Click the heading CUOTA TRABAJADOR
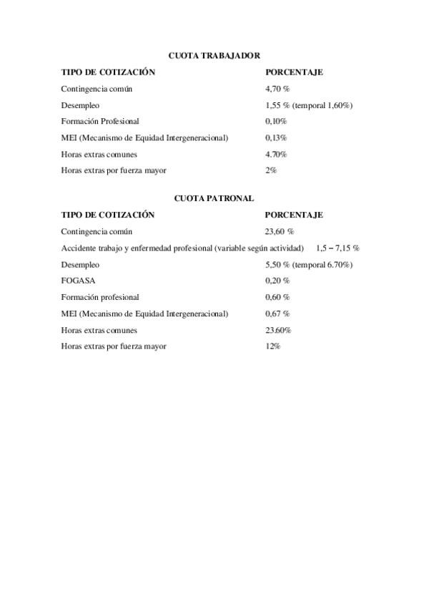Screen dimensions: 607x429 [x=214, y=55]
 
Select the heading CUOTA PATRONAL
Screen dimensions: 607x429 [x=214, y=198]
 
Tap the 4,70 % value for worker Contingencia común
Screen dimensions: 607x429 [x=277, y=89]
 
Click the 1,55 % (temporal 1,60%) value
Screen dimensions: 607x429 [x=309, y=105]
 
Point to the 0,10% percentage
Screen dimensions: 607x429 [x=276, y=122]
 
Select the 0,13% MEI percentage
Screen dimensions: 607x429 [x=276, y=138]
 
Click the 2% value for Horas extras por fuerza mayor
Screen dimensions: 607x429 [x=271, y=170]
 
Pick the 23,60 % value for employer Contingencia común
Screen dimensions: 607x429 [x=279, y=232]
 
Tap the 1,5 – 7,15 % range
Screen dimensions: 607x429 [x=337, y=248]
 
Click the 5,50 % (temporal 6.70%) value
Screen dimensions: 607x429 [x=309, y=265]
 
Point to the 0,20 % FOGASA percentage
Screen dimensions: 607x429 [x=277, y=281]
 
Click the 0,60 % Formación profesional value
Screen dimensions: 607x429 [x=277, y=297]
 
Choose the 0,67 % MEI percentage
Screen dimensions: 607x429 [x=277, y=314]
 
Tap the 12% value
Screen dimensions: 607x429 [x=272, y=346]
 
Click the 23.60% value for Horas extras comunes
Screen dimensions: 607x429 [x=277, y=330]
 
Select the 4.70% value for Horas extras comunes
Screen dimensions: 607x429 [x=276, y=155]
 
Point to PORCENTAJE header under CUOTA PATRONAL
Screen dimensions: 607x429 [x=294, y=215]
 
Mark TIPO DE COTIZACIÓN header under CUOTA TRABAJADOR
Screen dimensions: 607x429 [x=108, y=72]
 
